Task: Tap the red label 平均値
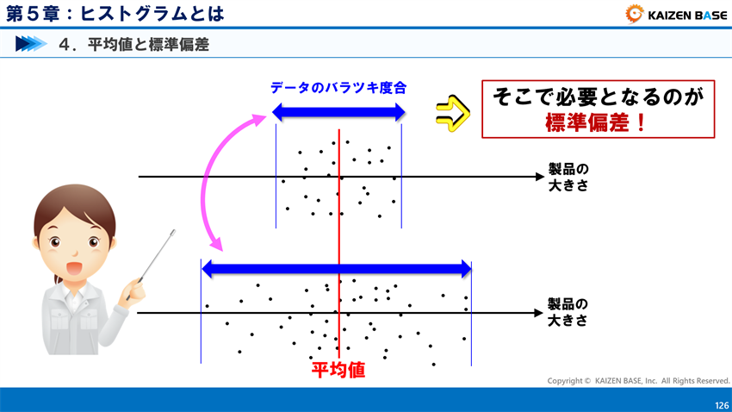pyautogui.click(x=338, y=371)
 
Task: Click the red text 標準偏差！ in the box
pyautogui.click(x=597, y=122)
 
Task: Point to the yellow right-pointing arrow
pyautogui.click(x=451, y=109)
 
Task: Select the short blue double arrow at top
pyautogui.click(x=338, y=111)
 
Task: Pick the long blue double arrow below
pyautogui.click(x=336, y=269)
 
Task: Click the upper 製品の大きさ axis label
pyautogui.click(x=568, y=176)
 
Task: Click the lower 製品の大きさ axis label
pyautogui.click(x=568, y=312)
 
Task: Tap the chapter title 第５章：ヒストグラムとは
pyautogui.click(x=115, y=14)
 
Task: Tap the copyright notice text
pyautogui.click(x=638, y=380)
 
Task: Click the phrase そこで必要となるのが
pyautogui.click(x=597, y=97)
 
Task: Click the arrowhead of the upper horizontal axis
pyautogui.click(x=535, y=177)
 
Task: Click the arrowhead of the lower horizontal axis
pyautogui.click(x=535, y=312)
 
